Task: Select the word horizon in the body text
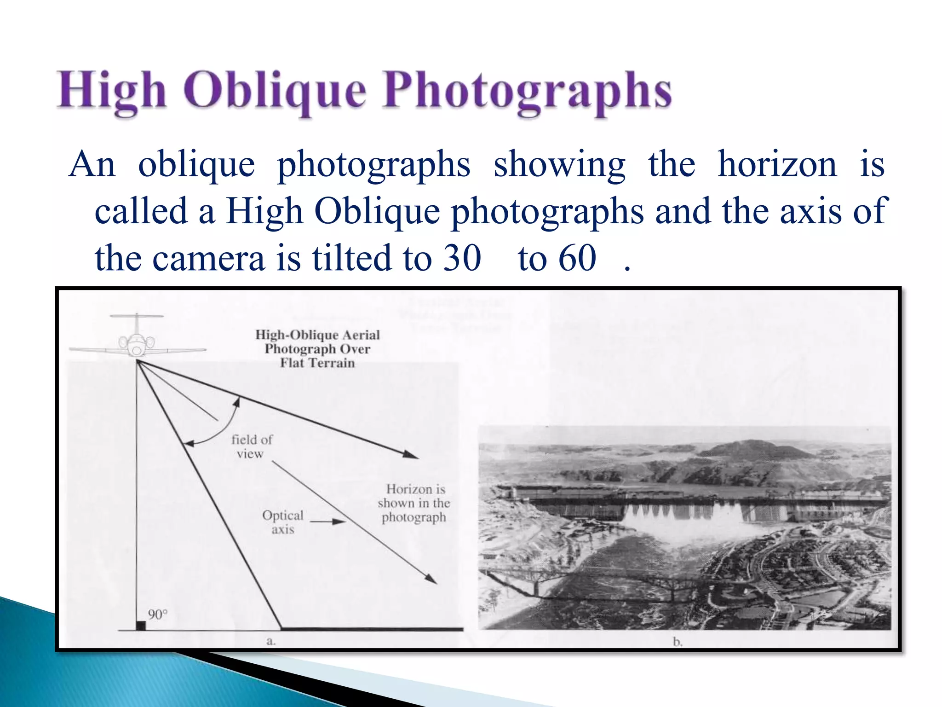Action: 777,164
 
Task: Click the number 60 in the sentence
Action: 578,258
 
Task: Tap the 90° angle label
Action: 157,614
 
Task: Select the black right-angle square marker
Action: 141,626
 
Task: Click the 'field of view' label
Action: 251,446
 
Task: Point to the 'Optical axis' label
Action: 282,522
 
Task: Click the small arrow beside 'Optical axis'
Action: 328,522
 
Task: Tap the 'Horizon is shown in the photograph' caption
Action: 414,503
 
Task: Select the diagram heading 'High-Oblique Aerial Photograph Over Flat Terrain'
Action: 317,348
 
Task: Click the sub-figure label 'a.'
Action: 271,641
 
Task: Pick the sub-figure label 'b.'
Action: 677,642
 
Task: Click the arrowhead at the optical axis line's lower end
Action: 431,580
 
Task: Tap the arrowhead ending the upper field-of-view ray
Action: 411,455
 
